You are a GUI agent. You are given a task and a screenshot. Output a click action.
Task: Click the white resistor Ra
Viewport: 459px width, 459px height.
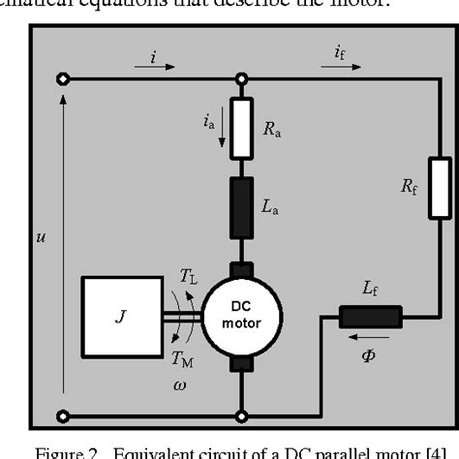coord(240,127)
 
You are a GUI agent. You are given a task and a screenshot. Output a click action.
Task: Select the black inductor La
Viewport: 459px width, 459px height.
coord(240,206)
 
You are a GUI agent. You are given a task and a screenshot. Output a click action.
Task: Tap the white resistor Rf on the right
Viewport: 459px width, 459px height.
coord(439,189)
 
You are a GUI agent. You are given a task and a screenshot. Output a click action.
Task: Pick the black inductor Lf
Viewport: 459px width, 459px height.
coord(369,317)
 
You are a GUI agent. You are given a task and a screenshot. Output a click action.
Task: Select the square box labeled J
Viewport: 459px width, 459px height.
coord(119,316)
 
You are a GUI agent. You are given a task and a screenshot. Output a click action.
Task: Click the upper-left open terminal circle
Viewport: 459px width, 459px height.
coord(64,79)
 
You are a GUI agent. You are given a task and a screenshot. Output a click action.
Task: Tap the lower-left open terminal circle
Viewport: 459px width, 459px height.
coord(64,415)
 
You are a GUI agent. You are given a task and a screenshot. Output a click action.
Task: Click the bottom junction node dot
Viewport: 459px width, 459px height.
coord(240,415)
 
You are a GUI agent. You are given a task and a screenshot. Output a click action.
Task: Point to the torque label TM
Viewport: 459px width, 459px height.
coord(183,358)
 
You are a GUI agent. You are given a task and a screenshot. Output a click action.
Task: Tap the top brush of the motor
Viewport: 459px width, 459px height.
coord(240,267)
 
